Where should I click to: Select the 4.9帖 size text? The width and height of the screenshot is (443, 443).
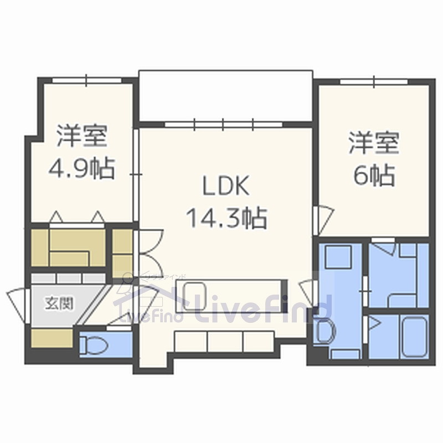pyautogui.click(x=81, y=168)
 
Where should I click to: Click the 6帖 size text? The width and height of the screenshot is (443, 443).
pyautogui.click(x=374, y=176)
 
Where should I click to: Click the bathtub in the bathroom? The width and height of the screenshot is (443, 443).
pyautogui.click(x=414, y=337)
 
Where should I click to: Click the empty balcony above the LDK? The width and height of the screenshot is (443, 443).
pyautogui.click(x=225, y=94)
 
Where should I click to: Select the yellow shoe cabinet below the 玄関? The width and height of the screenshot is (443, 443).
pyautogui.click(x=51, y=338)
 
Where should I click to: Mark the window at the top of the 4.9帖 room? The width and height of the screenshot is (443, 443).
pyautogui.click(x=86, y=81)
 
